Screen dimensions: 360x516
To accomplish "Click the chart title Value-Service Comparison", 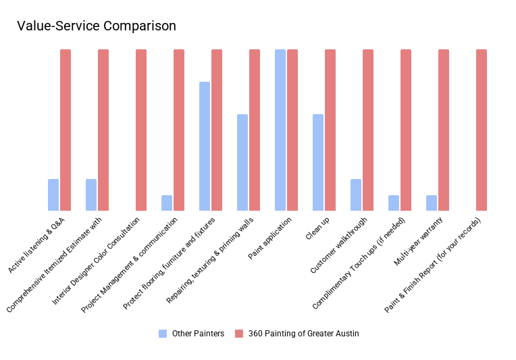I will point(96,26).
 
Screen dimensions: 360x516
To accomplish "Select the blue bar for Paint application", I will point(280,130).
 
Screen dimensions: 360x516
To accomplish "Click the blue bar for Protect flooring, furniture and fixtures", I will point(205,146).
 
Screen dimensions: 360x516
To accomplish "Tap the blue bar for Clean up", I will point(318,162).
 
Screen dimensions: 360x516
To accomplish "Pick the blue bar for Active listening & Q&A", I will point(53,195).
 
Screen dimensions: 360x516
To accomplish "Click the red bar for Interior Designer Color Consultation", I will point(141,130).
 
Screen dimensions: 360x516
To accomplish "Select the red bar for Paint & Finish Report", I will point(482,130).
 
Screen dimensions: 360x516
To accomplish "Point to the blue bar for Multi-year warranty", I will point(432,203).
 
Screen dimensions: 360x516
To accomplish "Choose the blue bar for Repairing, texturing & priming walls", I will point(242,162).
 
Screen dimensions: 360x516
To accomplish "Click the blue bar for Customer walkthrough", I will point(356,195).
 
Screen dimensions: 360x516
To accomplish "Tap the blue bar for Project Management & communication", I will point(167,203).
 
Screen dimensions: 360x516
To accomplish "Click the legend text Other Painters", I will point(198,334).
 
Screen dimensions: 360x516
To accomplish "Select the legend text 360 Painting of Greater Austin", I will point(303,334).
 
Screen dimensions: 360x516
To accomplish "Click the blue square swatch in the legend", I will point(163,334).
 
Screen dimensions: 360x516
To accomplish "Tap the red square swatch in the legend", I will point(238,334).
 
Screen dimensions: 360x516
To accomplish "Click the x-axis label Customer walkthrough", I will point(339,245).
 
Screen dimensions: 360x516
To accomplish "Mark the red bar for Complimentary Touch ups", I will point(406,130).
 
